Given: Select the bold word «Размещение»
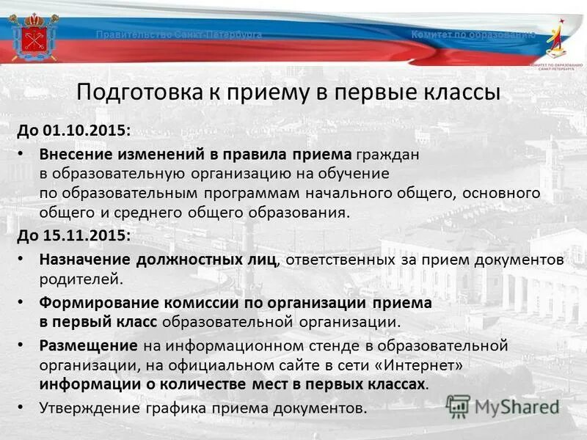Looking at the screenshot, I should click(x=88, y=344).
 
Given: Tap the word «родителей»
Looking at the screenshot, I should click(x=78, y=279).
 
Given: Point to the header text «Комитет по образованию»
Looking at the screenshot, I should click(x=473, y=35).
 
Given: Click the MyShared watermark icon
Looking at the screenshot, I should click(x=458, y=406).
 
